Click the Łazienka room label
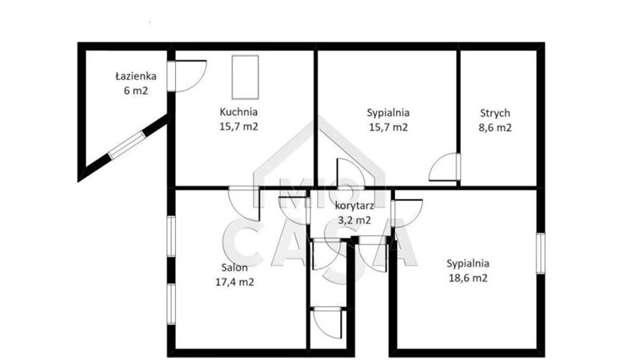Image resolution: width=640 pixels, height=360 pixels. click(x=136, y=76)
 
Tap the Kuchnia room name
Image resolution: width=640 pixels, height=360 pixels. click(x=238, y=112)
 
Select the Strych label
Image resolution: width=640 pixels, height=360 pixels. click(x=494, y=113)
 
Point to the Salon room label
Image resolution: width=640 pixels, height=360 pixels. click(x=234, y=268)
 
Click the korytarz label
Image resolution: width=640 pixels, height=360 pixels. click(x=354, y=206)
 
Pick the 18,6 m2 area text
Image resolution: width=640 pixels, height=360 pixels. click(x=468, y=278)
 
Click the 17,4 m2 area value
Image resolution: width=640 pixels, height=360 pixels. click(x=234, y=282)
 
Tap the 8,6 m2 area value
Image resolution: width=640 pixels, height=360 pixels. click(x=494, y=128)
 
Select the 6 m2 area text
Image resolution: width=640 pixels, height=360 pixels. click(x=136, y=90)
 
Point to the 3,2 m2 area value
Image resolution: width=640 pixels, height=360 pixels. click(x=354, y=221)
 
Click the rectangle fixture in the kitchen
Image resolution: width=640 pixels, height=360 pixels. click(x=246, y=77)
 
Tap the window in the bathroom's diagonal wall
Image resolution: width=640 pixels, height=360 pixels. click(x=127, y=145)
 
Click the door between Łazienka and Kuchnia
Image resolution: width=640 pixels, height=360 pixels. click(x=187, y=76)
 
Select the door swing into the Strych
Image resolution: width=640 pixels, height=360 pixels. click(x=444, y=166)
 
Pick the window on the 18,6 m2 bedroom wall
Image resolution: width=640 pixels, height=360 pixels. click(x=541, y=253)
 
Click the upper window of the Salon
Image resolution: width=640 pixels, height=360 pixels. click(x=171, y=236)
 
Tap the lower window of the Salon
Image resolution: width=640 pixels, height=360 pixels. click(x=171, y=304)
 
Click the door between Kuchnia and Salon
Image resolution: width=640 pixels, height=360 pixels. click(x=244, y=203)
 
